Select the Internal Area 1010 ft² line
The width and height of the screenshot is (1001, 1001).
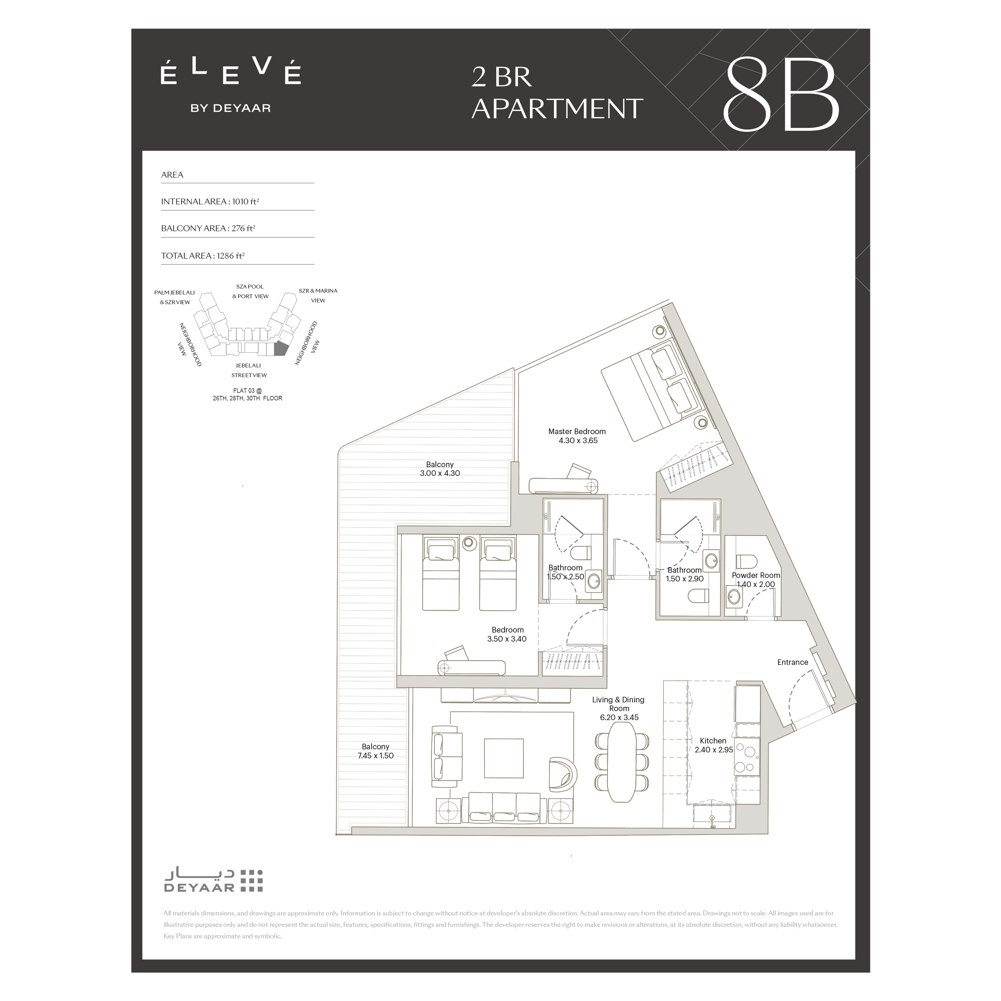(210, 202)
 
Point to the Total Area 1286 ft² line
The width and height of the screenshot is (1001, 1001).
(202, 255)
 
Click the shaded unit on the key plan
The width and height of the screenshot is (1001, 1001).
(280, 349)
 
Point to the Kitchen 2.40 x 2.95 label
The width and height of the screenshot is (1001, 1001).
(714, 745)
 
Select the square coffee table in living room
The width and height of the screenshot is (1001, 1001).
(504, 758)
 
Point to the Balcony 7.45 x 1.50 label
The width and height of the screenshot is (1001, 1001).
(376, 751)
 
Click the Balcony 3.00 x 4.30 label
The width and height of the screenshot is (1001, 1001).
(440, 469)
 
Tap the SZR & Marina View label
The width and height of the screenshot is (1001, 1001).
(318, 295)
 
